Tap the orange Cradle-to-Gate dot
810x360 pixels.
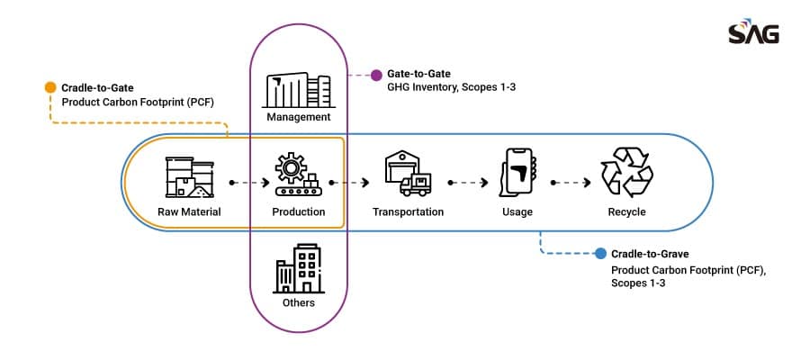[50, 87]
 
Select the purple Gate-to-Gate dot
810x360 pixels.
[376, 75]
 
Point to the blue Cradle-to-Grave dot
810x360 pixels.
[600, 254]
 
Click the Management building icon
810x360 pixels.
[298, 90]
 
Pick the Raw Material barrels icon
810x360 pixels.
[189, 177]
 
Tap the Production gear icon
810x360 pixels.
[298, 174]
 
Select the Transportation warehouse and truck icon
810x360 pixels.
[408, 173]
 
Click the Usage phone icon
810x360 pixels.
[518, 173]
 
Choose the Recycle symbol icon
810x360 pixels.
[627, 172]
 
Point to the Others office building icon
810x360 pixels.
[298, 268]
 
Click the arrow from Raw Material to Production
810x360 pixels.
[249, 183]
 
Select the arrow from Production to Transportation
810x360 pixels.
[349, 183]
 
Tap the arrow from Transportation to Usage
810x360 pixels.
[468, 183]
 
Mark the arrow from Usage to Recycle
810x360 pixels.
[571, 183]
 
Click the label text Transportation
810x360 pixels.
[408, 211]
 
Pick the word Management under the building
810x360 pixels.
[299, 117]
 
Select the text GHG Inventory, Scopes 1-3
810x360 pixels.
[452, 87]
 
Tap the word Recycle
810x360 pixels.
[626, 211]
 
